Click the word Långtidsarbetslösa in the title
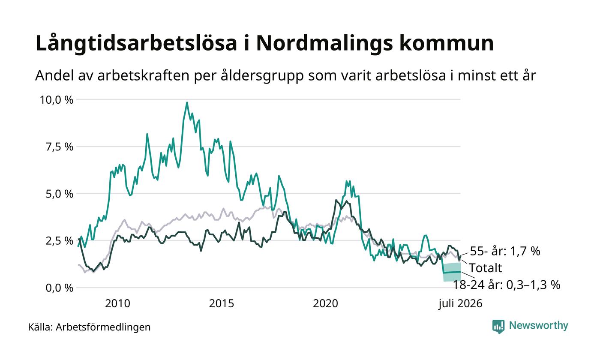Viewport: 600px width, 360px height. click(x=136, y=43)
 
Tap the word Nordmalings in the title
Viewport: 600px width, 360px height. click(x=324, y=43)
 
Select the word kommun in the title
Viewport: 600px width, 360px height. click(x=447, y=43)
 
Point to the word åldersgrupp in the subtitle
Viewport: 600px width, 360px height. click(x=262, y=76)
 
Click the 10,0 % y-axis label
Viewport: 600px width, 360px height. click(x=57, y=100)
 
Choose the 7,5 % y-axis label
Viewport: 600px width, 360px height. click(x=60, y=147)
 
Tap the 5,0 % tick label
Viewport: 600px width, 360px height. click(x=60, y=194)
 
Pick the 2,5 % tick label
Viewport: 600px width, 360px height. click(x=60, y=241)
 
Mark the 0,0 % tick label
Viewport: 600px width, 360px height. click(x=60, y=288)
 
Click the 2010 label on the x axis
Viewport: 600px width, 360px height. click(x=117, y=304)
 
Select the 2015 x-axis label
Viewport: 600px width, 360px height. click(x=222, y=304)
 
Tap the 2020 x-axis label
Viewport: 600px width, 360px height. click(x=325, y=304)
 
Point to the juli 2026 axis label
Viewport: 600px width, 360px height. click(x=460, y=304)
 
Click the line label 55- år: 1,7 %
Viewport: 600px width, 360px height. click(x=505, y=251)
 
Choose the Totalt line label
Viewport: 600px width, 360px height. click(x=485, y=268)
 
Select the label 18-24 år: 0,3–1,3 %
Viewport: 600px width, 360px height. click(x=507, y=285)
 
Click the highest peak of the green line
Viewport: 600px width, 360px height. click(x=187, y=102)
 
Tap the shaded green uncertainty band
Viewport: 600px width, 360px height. click(x=452, y=272)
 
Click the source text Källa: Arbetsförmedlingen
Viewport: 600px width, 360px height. click(x=89, y=327)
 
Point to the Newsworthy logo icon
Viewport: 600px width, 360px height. click(x=498, y=327)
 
